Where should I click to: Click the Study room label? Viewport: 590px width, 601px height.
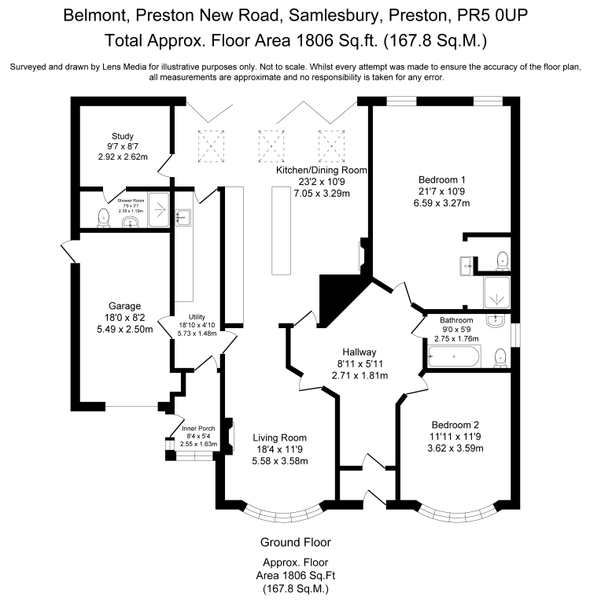tap(122, 135)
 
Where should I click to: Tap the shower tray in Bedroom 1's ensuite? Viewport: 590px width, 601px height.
tap(497, 292)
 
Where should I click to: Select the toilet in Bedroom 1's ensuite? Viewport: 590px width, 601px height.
tap(502, 259)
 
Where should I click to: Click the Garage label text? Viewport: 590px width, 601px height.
tap(124, 305)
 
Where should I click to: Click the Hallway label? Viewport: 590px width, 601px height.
tap(359, 352)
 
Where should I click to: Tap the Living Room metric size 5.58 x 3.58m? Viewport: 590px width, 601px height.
tap(279, 461)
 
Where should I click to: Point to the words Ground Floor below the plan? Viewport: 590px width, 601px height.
tap(295, 542)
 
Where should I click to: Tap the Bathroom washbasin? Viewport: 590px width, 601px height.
tap(496, 321)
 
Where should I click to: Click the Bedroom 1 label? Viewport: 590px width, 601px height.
tap(442, 179)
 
